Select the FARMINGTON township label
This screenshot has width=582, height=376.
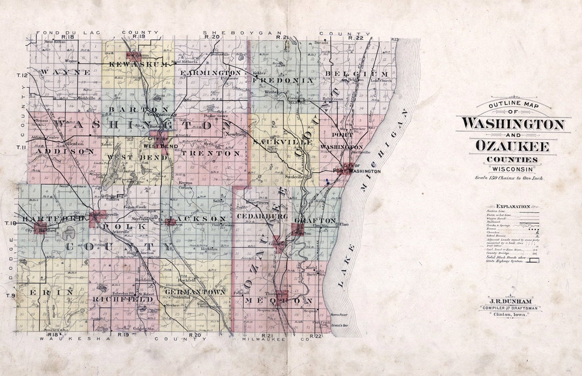[x=211, y=73]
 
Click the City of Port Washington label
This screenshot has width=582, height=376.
[x=358, y=168]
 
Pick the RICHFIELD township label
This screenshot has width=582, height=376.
[x=123, y=299]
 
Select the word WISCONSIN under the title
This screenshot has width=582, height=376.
[x=512, y=169]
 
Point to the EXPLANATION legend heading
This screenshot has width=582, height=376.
[x=512, y=206]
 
